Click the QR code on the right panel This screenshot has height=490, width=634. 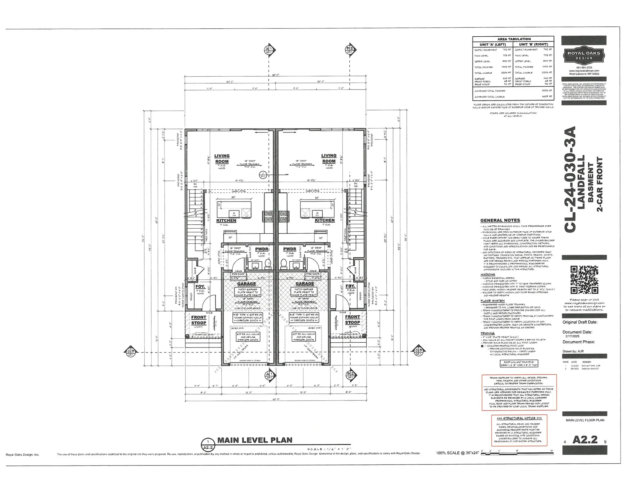click(x=584, y=280)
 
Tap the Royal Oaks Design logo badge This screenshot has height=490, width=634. click(x=584, y=55)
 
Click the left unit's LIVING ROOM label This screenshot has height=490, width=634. click(x=222, y=159)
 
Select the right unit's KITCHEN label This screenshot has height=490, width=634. click(x=325, y=220)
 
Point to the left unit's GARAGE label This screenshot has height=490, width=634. click(x=246, y=284)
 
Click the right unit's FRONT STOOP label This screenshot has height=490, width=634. click(x=352, y=320)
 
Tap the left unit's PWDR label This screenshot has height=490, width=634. click(x=262, y=249)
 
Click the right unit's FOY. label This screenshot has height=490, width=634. click(x=350, y=286)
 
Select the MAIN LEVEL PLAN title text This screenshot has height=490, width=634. click(x=255, y=440)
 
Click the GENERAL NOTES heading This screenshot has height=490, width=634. click(x=500, y=220)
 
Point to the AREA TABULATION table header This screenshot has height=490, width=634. click(x=514, y=39)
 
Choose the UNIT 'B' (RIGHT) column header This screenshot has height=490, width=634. click(x=533, y=44)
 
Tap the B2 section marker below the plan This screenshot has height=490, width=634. click(x=350, y=375)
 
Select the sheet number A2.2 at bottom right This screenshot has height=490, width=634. click(x=585, y=440)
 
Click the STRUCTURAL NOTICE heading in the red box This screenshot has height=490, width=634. click(x=519, y=418)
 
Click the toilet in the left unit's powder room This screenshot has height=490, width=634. click(x=268, y=263)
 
